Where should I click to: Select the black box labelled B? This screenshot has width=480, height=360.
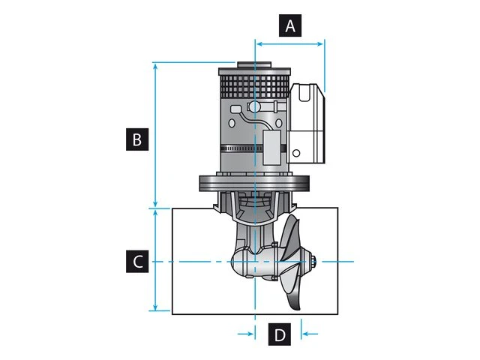tap(136, 139)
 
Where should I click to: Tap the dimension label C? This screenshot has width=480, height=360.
tap(136, 261)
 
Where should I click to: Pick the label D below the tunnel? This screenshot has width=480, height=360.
tap(279, 334)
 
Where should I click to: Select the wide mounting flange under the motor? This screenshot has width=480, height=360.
tap(254, 182)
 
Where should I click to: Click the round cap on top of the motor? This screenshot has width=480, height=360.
tap(254, 64)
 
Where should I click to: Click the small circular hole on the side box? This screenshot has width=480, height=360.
tap(297, 153)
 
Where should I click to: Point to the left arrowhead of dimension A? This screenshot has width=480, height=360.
tap(259, 43)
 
